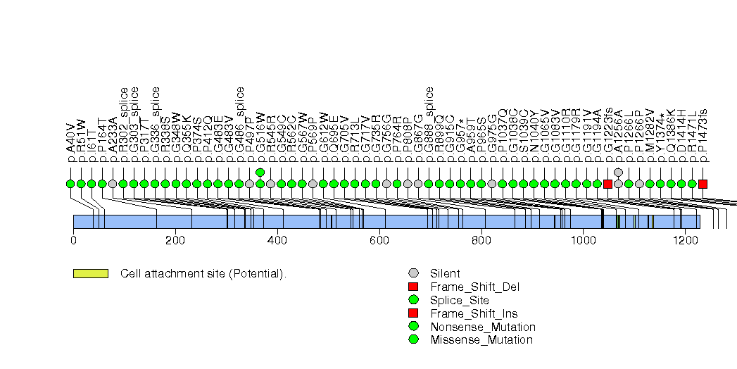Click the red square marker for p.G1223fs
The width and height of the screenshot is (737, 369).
608,184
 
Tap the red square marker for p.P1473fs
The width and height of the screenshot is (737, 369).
703,184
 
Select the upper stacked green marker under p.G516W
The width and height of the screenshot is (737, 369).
260,173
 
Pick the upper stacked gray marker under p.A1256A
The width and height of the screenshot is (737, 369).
619,173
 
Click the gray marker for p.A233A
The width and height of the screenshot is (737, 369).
113,184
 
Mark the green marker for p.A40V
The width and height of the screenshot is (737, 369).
70,184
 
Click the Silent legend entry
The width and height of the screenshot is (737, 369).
445,273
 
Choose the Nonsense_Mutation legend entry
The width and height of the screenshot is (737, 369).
482,327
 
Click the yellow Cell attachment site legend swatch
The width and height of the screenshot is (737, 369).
90,273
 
